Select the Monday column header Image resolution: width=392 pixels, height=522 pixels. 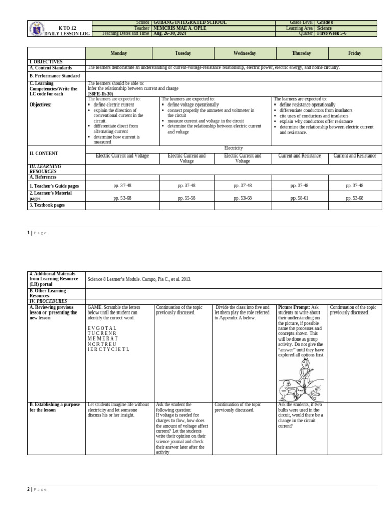(118, 53)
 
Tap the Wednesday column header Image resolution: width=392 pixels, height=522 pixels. (244, 53)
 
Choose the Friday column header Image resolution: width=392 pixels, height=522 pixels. (354, 53)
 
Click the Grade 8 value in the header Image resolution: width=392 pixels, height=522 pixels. (325, 23)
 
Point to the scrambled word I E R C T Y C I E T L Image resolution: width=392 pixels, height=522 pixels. (108, 349)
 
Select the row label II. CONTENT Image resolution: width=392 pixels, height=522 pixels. (43, 153)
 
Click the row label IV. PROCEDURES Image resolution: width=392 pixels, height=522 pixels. (47, 301)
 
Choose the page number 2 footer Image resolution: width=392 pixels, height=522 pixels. (29, 489)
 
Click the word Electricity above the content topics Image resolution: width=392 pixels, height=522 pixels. (233, 148)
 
